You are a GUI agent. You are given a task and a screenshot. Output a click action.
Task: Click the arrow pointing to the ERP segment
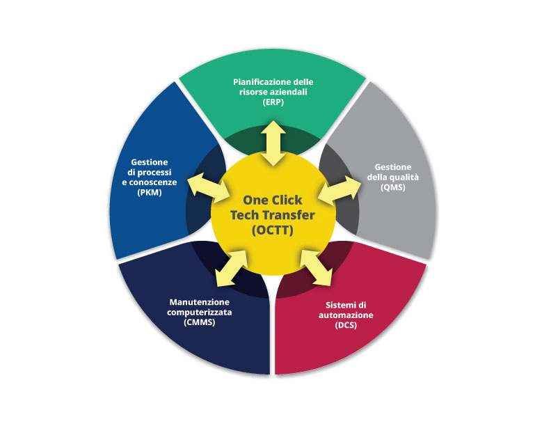pyautogui.click(x=273, y=143)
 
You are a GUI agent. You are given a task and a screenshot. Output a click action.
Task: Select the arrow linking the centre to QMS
pyautogui.click(x=340, y=191)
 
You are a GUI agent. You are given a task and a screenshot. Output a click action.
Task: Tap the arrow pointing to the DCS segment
pyautogui.click(x=316, y=268)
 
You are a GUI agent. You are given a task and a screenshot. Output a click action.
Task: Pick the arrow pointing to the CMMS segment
pyautogui.click(x=231, y=268)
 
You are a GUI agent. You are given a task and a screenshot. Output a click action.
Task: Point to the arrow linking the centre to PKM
pyautogui.click(x=209, y=188)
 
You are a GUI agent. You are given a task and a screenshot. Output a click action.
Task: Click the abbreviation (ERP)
pyautogui.click(x=273, y=102)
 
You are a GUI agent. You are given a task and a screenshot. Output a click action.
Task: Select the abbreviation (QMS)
pyautogui.click(x=393, y=187)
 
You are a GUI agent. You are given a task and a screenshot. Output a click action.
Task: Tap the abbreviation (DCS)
pyautogui.click(x=346, y=325)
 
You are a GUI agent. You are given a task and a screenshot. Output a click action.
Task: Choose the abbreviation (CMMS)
pyautogui.click(x=199, y=322)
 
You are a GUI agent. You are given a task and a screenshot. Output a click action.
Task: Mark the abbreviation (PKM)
pyautogui.click(x=150, y=193)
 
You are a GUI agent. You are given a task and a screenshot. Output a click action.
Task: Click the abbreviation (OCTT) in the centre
pyautogui.click(x=273, y=230)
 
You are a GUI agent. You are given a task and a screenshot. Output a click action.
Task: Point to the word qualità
pyautogui.click(x=404, y=177)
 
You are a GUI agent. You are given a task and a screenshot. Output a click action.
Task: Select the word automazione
pyautogui.click(x=346, y=315)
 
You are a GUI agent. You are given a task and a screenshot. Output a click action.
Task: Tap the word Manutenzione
pyautogui.click(x=199, y=302)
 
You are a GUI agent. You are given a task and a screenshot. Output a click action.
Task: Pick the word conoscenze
pyautogui.click(x=153, y=182)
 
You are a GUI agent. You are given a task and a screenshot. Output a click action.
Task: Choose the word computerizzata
pyautogui.click(x=199, y=312)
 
